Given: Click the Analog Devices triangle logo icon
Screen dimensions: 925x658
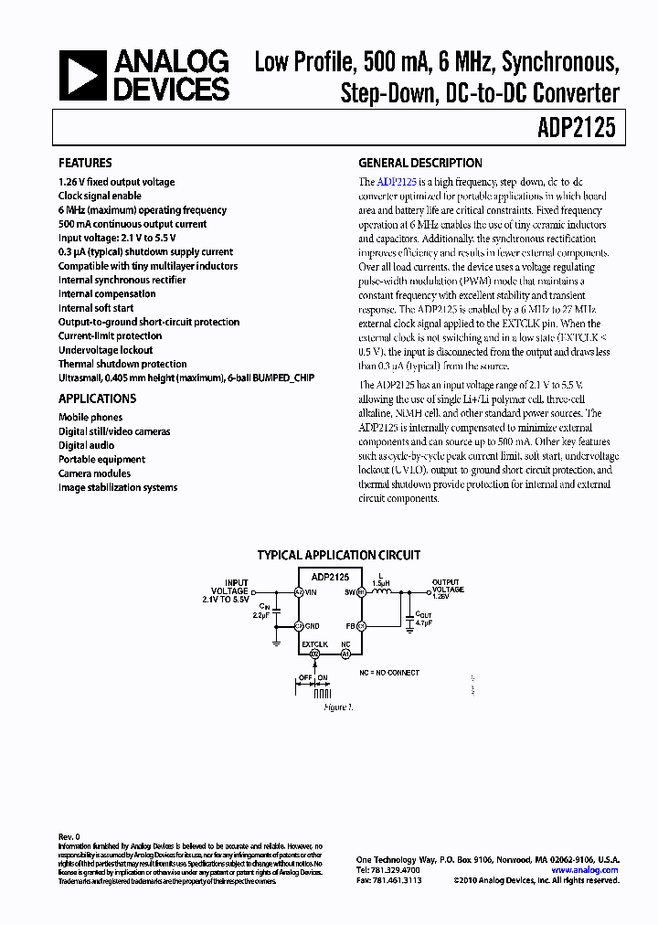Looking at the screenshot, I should click(80, 75).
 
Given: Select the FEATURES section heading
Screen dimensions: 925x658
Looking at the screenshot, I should click(85, 163).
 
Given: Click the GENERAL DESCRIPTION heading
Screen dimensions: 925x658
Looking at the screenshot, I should click(420, 163).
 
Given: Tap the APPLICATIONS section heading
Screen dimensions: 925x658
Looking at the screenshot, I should click(97, 399).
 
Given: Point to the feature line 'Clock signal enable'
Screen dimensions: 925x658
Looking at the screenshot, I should click(100, 196).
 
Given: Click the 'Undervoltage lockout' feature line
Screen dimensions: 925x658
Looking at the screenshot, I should click(105, 350).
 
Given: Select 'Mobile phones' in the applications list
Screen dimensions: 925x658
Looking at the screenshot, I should click(90, 418).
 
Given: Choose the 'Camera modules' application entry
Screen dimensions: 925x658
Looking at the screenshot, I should click(94, 473).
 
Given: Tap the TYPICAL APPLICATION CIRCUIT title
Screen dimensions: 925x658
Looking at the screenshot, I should click(338, 555).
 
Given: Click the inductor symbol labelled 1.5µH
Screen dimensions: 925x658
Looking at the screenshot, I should click(382, 591).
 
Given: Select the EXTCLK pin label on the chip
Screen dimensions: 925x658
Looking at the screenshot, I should click(315, 643).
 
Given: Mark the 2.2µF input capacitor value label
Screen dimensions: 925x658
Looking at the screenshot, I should click(262, 616).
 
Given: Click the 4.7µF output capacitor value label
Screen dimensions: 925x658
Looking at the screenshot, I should click(425, 623).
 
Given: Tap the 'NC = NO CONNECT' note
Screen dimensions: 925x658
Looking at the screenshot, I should click(389, 673).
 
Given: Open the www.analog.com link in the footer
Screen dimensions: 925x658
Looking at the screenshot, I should click(586, 870).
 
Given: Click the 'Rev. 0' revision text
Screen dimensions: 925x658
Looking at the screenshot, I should click(69, 837).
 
